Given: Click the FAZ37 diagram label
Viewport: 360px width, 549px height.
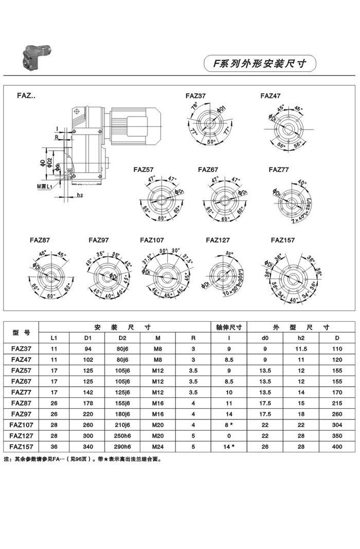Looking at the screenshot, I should point(195,96).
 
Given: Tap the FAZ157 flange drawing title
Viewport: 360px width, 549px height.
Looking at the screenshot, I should point(283,240).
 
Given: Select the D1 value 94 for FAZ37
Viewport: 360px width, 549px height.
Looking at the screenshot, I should point(87,349).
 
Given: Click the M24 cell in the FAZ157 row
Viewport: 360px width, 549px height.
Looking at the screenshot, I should point(158,447).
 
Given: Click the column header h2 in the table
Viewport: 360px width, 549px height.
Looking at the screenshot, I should point(301,338).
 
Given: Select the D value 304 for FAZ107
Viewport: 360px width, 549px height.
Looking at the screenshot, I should point(337,425).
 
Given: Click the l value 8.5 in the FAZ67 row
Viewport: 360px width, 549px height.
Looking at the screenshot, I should point(229,381).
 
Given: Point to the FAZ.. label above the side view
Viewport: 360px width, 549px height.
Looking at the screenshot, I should point(26,96).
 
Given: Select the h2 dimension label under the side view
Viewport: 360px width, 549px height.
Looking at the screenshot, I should point(80,195).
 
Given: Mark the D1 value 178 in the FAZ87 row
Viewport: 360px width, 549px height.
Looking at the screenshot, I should point(87,402).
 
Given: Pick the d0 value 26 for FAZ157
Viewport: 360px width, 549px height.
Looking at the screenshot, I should point(265,447).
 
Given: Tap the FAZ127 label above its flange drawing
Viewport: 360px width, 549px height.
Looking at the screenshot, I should point(218,240).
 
